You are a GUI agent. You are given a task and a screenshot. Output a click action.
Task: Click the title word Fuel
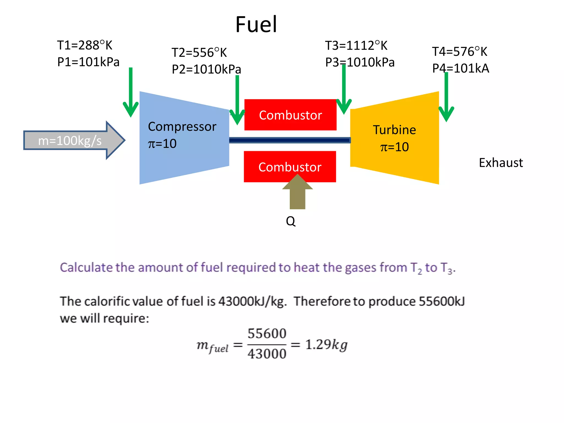[x=256, y=25]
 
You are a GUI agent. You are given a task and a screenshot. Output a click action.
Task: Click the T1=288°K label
[x=85, y=45]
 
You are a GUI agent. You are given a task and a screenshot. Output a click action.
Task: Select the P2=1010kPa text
[x=206, y=69]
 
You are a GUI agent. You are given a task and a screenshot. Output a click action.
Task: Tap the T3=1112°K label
[x=356, y=45]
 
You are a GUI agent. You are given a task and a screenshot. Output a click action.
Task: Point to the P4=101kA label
[x=460, y=68]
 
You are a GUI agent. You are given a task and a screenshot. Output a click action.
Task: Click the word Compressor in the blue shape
[x=182, y=127]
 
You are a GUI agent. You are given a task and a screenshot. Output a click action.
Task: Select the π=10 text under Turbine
[x=394, y=147]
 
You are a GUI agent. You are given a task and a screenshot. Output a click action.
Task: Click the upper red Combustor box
[x=290, y=115]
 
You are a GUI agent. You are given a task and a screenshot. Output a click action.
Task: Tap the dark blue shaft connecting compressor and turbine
[x=289, y=140]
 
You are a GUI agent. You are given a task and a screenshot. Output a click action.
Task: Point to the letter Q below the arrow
[x=291, y=221]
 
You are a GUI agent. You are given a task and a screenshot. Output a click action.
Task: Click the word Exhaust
[x=501, y=163]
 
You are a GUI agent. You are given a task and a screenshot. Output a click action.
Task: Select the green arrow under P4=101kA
[x=446, y=99]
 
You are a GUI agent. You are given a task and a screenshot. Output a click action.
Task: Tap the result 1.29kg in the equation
[x=326, y=345]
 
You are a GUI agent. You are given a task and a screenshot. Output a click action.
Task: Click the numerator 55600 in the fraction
[x=267, y=334]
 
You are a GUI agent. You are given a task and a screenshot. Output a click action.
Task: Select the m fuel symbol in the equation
[x=212, y=346]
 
